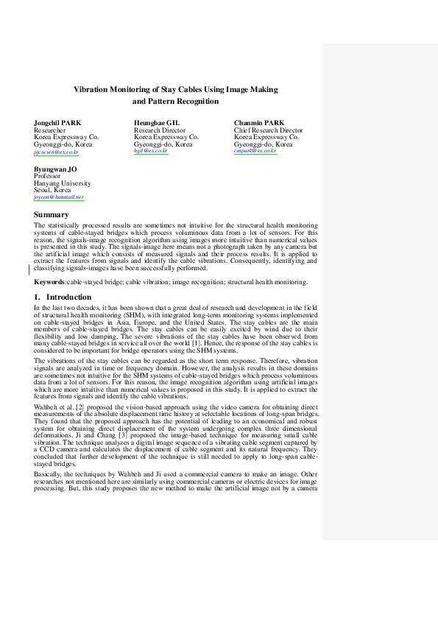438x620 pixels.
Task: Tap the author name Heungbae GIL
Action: [x=157, y=122]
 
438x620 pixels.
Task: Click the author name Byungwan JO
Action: [x=55, y=169]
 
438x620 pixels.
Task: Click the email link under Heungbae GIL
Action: [x=150, y=151]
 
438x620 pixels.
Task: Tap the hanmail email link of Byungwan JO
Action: [x=59, y=197]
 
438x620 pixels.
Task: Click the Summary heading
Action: [x=51, y=214]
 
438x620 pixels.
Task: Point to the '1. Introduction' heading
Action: [x=63, y=297]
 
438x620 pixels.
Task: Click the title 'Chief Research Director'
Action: [x=268, y=130]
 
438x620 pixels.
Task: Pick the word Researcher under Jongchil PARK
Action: [x=50, y=130]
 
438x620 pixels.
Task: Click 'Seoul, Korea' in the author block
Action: [x=53, y=190]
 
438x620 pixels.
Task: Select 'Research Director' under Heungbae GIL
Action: [x=160, y=130]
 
